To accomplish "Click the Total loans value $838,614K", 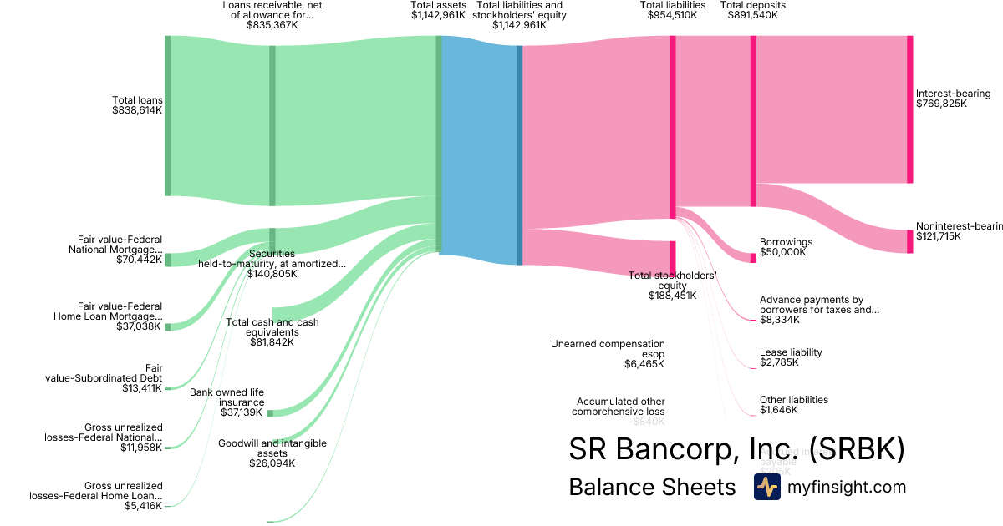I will [137, 110].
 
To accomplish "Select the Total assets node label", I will [437, 5].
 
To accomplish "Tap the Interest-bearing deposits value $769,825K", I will [941, 104].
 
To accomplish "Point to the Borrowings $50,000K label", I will [786, 247].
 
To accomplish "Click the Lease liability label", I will [791, 352].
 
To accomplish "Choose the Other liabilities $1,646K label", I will [793, 405].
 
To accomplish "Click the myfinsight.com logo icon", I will [766, 487].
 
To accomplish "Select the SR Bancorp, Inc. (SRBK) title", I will [736, 449].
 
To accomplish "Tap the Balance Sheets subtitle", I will [652, 487].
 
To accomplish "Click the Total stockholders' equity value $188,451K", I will [673, 295].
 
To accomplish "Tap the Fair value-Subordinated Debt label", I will [104, 378].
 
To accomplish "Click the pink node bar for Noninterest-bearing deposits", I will [909, 241].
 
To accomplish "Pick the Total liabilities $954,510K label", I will [672, 10].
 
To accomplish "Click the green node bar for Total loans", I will [167, 116].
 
